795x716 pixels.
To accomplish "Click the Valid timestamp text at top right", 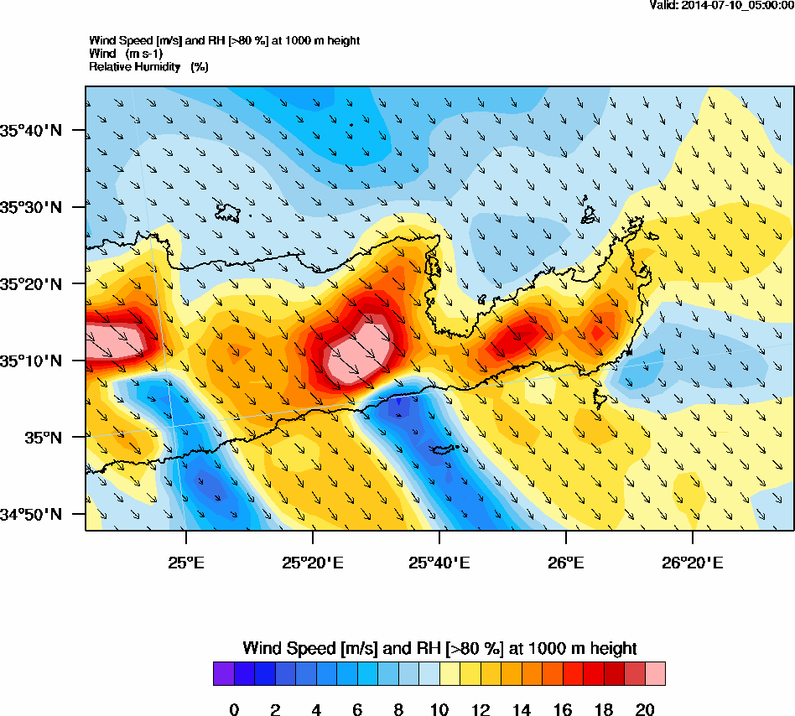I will coord(722,5).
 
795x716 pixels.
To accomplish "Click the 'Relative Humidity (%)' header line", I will coord(148,66).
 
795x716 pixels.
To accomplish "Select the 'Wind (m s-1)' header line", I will coord(126,54).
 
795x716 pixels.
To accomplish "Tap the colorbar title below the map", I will coord(439,648).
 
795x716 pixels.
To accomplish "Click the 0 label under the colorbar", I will coord(234,710).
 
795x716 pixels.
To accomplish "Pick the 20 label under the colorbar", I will coord(644,710).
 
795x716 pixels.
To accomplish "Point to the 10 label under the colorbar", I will coord(439,710).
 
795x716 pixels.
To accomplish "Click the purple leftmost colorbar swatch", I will coord(223,674).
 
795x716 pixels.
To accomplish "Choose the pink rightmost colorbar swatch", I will coord(655,674).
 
